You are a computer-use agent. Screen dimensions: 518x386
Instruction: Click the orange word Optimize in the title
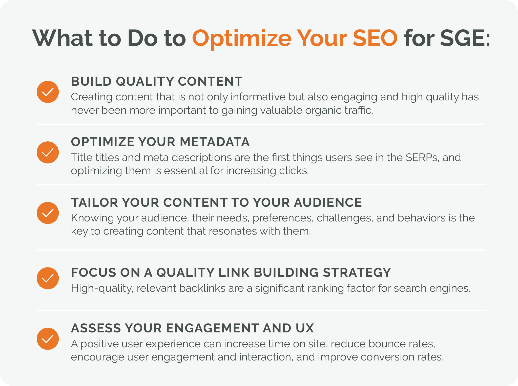pyautogui.click(x=242, y=38)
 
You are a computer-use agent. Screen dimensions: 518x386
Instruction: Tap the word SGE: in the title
pyautogui.click(x=465, y=38)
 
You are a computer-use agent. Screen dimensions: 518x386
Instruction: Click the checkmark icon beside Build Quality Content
pyautogui.click(x=48, y=92)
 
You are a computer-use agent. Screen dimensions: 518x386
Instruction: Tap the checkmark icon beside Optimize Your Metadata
pyautogui.click(x=48, y=152)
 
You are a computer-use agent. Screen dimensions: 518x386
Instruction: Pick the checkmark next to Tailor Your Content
pyautogui.click(x=48, y=213)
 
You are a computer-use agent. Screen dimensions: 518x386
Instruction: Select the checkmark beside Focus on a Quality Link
pyautogui.click(x=48, y=278)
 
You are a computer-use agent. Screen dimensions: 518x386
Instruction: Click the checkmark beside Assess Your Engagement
pyautogui.click(x=48, y=339)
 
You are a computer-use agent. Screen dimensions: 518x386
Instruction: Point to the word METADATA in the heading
pyautogui.click(x=215, y=142)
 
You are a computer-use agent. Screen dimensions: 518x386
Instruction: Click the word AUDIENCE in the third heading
pyautogui.click(x=328, y=202)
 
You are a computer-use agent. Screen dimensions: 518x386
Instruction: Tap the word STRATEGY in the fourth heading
pyautogui.click(x=357, y=273)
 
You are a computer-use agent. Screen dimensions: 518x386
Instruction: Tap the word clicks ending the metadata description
pyautogui.click(x=294, y=171)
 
